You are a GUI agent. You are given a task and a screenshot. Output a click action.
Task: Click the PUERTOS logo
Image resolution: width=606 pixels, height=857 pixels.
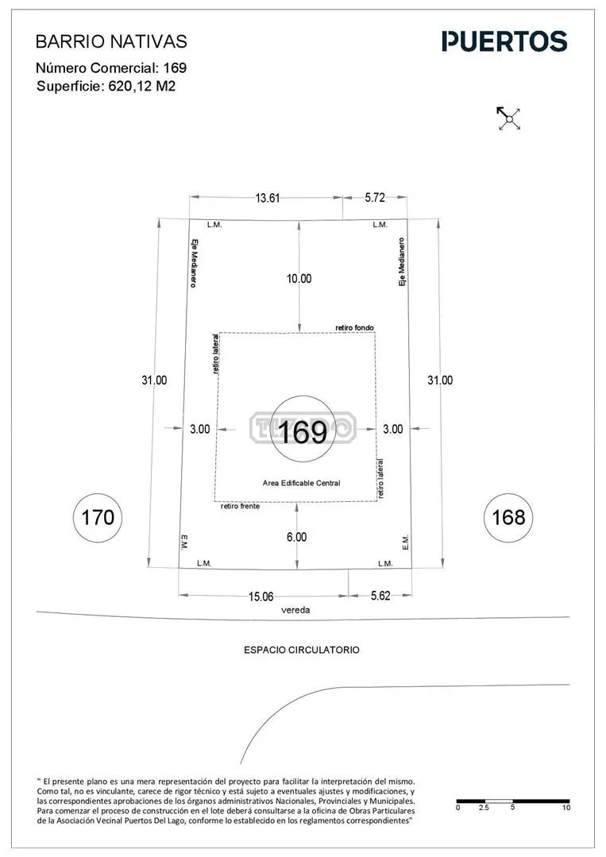pyautogui.click(x=504, y=41)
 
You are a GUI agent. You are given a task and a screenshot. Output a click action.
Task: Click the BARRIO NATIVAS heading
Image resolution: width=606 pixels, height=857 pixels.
pyautogui.click(x=111, y=41)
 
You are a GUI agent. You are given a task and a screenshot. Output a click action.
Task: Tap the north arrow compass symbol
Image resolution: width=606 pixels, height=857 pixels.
pyautogui.click(x=509, y=118)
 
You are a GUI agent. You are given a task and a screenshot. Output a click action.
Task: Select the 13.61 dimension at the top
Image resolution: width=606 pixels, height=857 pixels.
pyautogui.click(x=267, y=198)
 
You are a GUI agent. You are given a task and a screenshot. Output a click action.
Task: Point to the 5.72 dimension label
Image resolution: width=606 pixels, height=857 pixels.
pyautogui.click(x=375, y=197)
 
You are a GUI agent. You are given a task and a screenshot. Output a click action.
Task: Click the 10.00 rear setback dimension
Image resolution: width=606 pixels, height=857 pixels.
pyautogui.click(x=299, y=279)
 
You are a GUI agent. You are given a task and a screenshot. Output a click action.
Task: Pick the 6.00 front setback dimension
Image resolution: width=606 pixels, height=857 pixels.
pyautogui.click(x=297, y=537)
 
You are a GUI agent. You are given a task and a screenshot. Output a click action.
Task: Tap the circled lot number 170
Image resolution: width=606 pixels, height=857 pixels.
pyautogui.click(x=98, y=518)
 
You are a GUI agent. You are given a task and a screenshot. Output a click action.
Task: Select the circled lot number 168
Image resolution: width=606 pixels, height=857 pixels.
pyautogui.click(x=508, y=518)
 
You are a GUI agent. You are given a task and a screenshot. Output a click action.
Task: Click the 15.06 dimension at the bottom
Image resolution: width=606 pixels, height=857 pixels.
pyautogui.click(x=261, y=596)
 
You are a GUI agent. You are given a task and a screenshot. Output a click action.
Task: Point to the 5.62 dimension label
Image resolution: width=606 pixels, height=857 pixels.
pyautogui.click(x=380, y=595)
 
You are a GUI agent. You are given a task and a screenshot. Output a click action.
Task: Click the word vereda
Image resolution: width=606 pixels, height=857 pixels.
pyautogui.click(x=295, y=610)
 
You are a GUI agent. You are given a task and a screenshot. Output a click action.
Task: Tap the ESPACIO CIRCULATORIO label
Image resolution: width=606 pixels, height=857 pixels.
pyautogui.click(x=302, y=650)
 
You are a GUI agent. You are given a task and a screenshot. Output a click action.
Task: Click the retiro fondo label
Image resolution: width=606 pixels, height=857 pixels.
pyautogui.click(x=355, y=328)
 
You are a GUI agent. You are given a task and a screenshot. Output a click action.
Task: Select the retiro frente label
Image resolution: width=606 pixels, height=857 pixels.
pyautogui.click(x=241, y=506)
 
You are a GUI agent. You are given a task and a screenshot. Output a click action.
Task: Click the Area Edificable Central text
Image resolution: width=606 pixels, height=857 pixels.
pyautogui.click(x=302, y=483)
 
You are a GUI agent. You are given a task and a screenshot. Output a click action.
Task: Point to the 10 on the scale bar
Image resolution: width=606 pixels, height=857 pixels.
pyautogui.click(x=565, y=807)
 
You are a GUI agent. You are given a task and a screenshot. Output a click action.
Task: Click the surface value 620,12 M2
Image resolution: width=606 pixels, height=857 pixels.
pyautogui.click(x=142, y=87)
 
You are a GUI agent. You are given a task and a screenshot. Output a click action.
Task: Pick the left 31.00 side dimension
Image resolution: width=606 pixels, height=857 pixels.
pyautogui.click(x=154, y=380)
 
